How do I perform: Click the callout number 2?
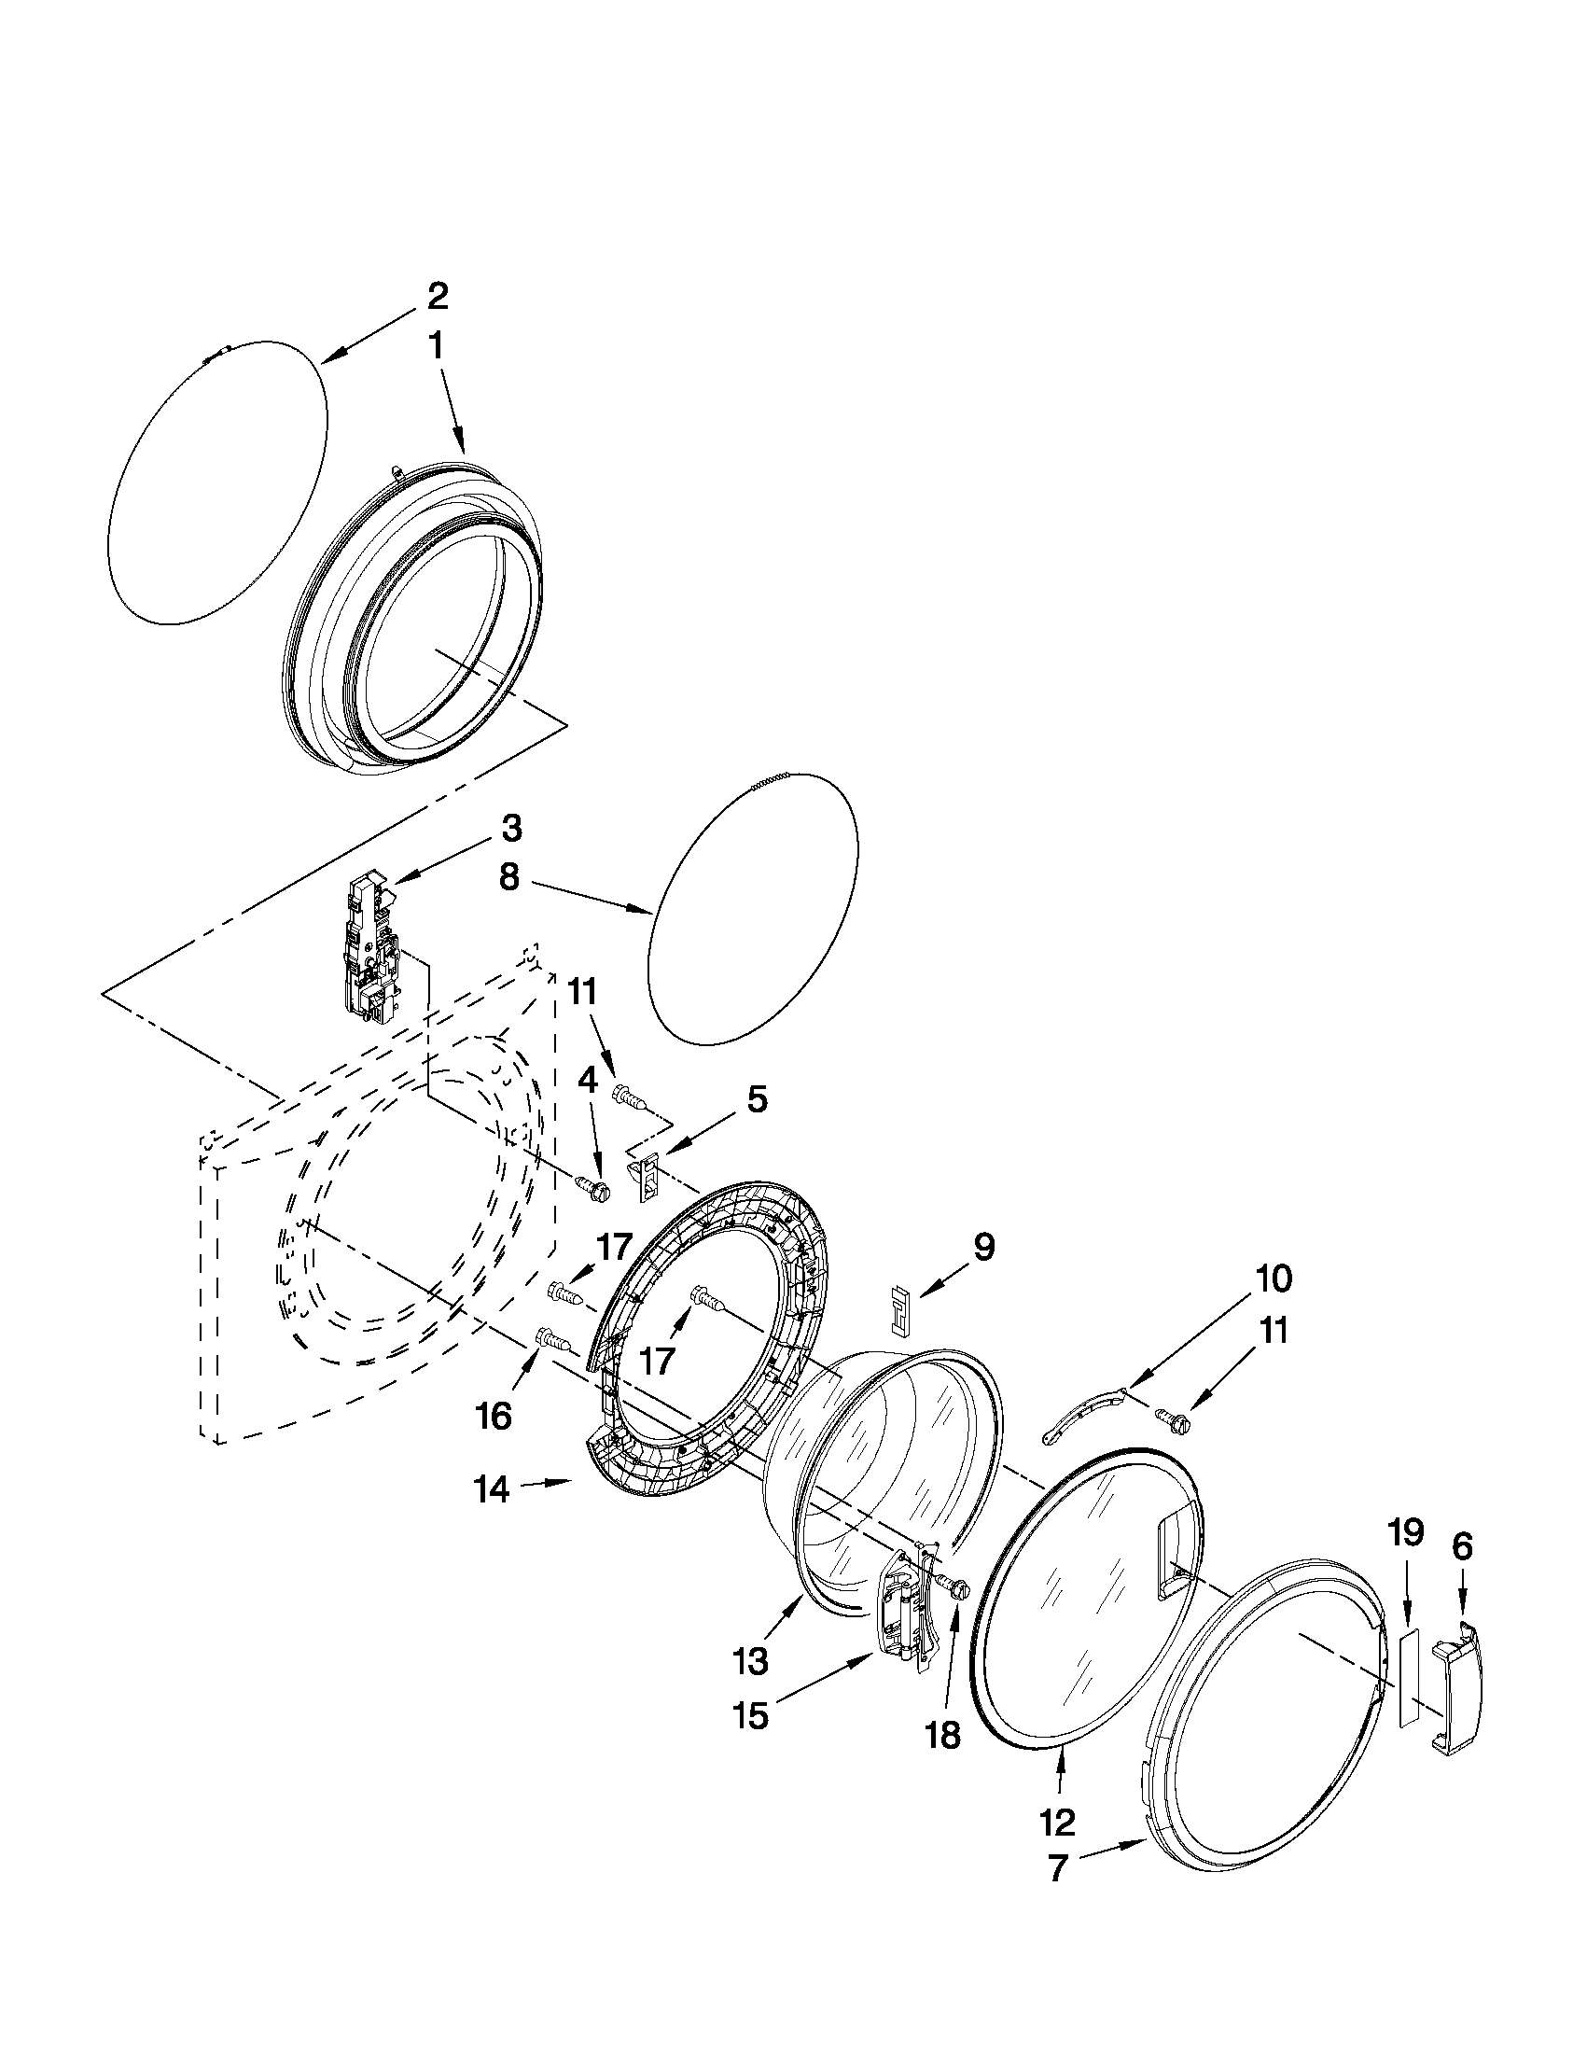[437, 298]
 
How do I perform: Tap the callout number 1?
[437, 347]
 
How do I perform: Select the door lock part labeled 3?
[374, 949]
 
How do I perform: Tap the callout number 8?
[508, 877]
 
